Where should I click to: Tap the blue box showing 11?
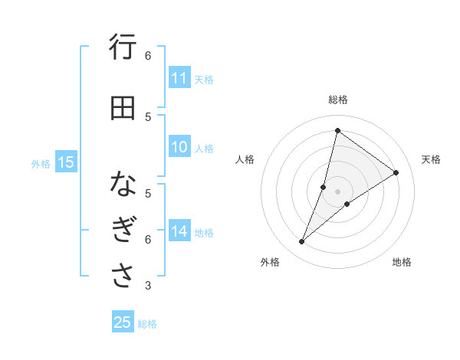(179, 78)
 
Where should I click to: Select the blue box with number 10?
(179, 147)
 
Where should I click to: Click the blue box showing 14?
(179, 231)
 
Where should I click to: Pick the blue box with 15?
(66, 162)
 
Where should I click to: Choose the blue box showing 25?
(123, 322)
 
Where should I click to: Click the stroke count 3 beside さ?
(148, 286)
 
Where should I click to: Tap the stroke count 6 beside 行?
(148, 55)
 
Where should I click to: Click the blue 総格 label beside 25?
(147, 324)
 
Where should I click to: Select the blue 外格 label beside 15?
(41, 163)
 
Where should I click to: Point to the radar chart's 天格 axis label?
(431, 159)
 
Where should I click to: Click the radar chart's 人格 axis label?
(245, 159)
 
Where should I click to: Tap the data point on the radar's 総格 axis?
(337, 130)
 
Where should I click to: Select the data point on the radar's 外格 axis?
(302, 242)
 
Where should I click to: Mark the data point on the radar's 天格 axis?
(396, 172)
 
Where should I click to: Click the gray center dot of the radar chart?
(337, 191)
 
